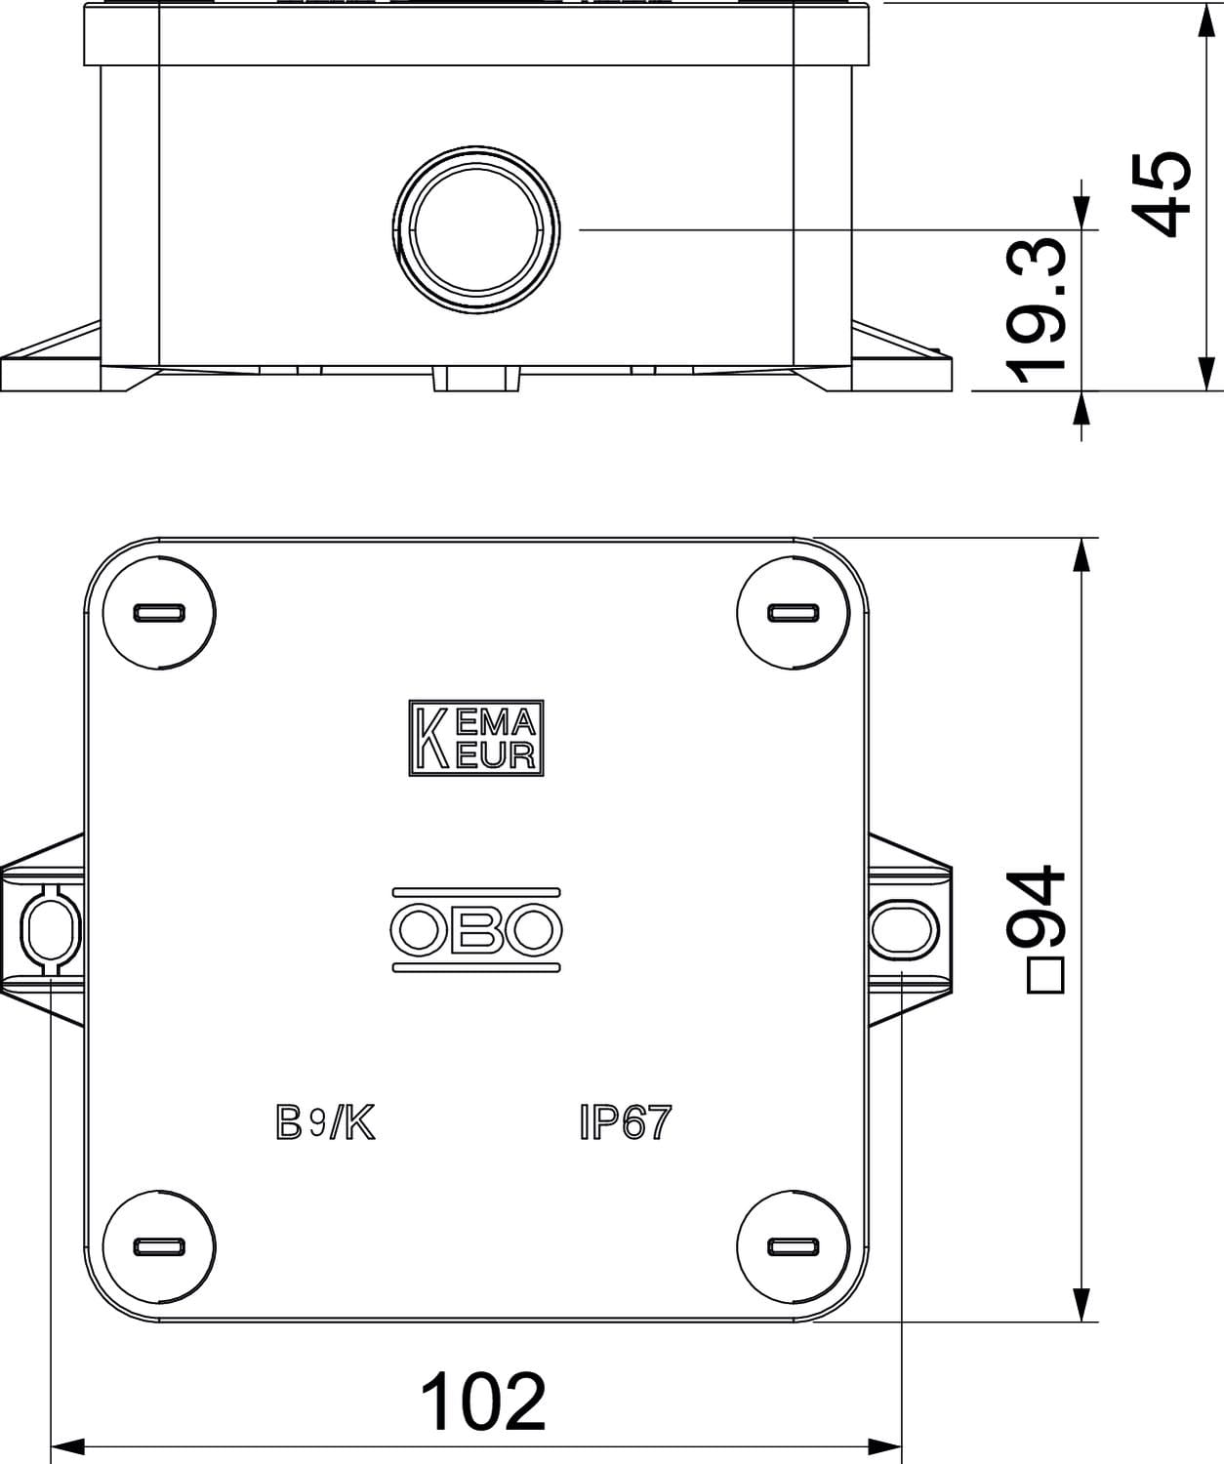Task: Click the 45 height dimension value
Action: tap(1163, 194)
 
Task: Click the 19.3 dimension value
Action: tap(1036, 310)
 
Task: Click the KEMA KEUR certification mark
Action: tap(476, 738)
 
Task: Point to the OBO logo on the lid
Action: tap(476, 930)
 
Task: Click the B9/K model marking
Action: tap(325, 1122)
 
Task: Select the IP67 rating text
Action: tap(626, 1121)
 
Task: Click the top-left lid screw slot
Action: tap(159, 613)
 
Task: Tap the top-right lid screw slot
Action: tap(794, 613)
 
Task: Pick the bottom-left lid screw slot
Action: tap(159, 1246)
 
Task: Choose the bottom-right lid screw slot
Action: tap(794, 1246)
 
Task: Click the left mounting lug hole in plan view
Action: tap(51, 930)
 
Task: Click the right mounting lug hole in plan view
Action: tap(904, 930)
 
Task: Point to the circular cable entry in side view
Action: tap(476, 229)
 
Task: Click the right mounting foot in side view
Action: tap(901, 357)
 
